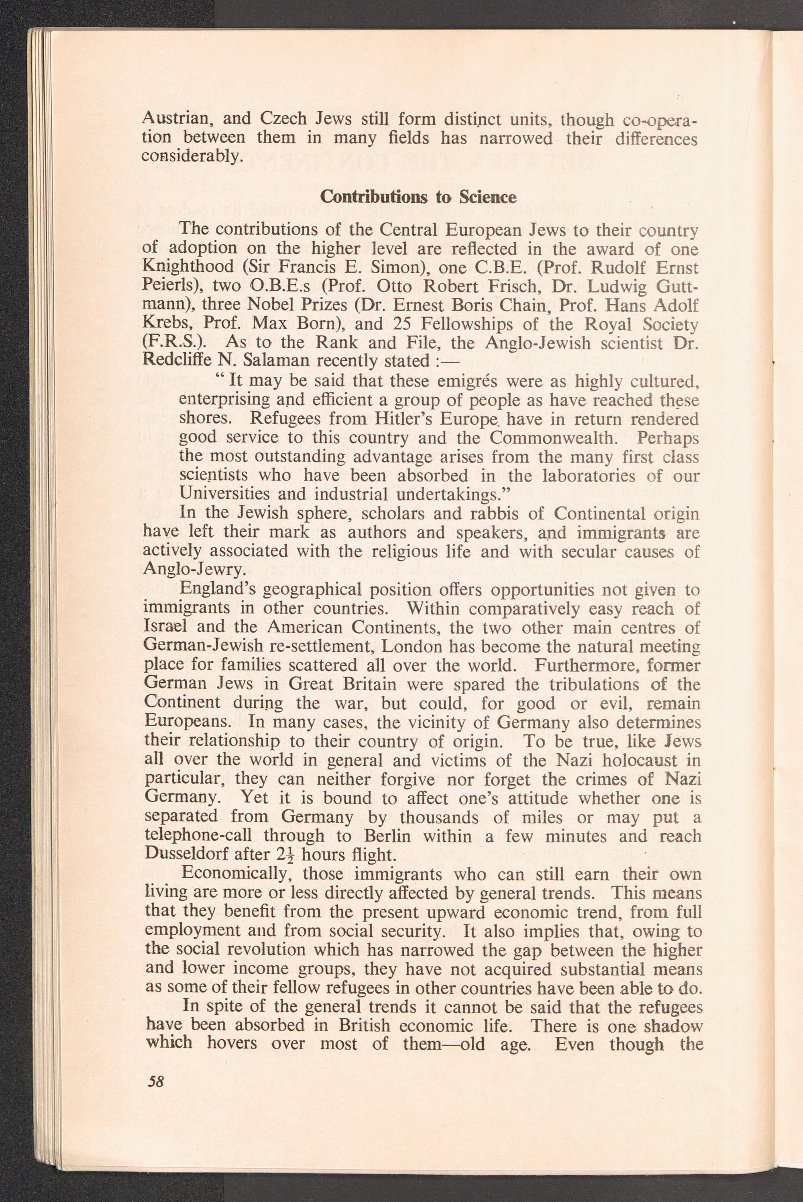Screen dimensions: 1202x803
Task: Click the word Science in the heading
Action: pos(487,197)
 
